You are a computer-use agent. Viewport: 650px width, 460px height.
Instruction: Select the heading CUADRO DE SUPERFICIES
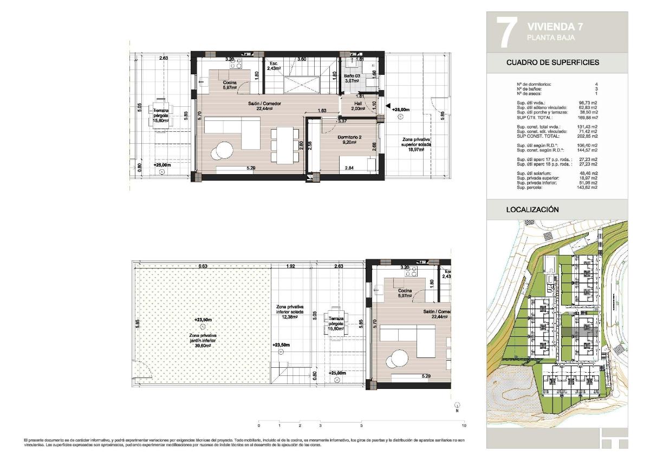(552, 62)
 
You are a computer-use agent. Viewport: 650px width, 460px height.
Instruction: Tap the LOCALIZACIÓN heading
(532, 209)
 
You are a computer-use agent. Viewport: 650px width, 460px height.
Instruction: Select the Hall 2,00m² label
(358, 105)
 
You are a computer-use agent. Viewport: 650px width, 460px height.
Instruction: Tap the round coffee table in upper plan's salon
(224, 150)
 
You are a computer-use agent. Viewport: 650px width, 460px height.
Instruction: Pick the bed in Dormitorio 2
(357, 164)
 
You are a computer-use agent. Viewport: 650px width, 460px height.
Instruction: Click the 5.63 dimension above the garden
(203, 266)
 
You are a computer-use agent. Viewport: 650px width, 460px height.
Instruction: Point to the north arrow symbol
(457, 405)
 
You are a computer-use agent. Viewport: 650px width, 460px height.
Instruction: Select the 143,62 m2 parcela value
(588, 187)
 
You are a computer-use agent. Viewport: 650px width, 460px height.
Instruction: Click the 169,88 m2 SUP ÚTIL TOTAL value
(588, 117)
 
